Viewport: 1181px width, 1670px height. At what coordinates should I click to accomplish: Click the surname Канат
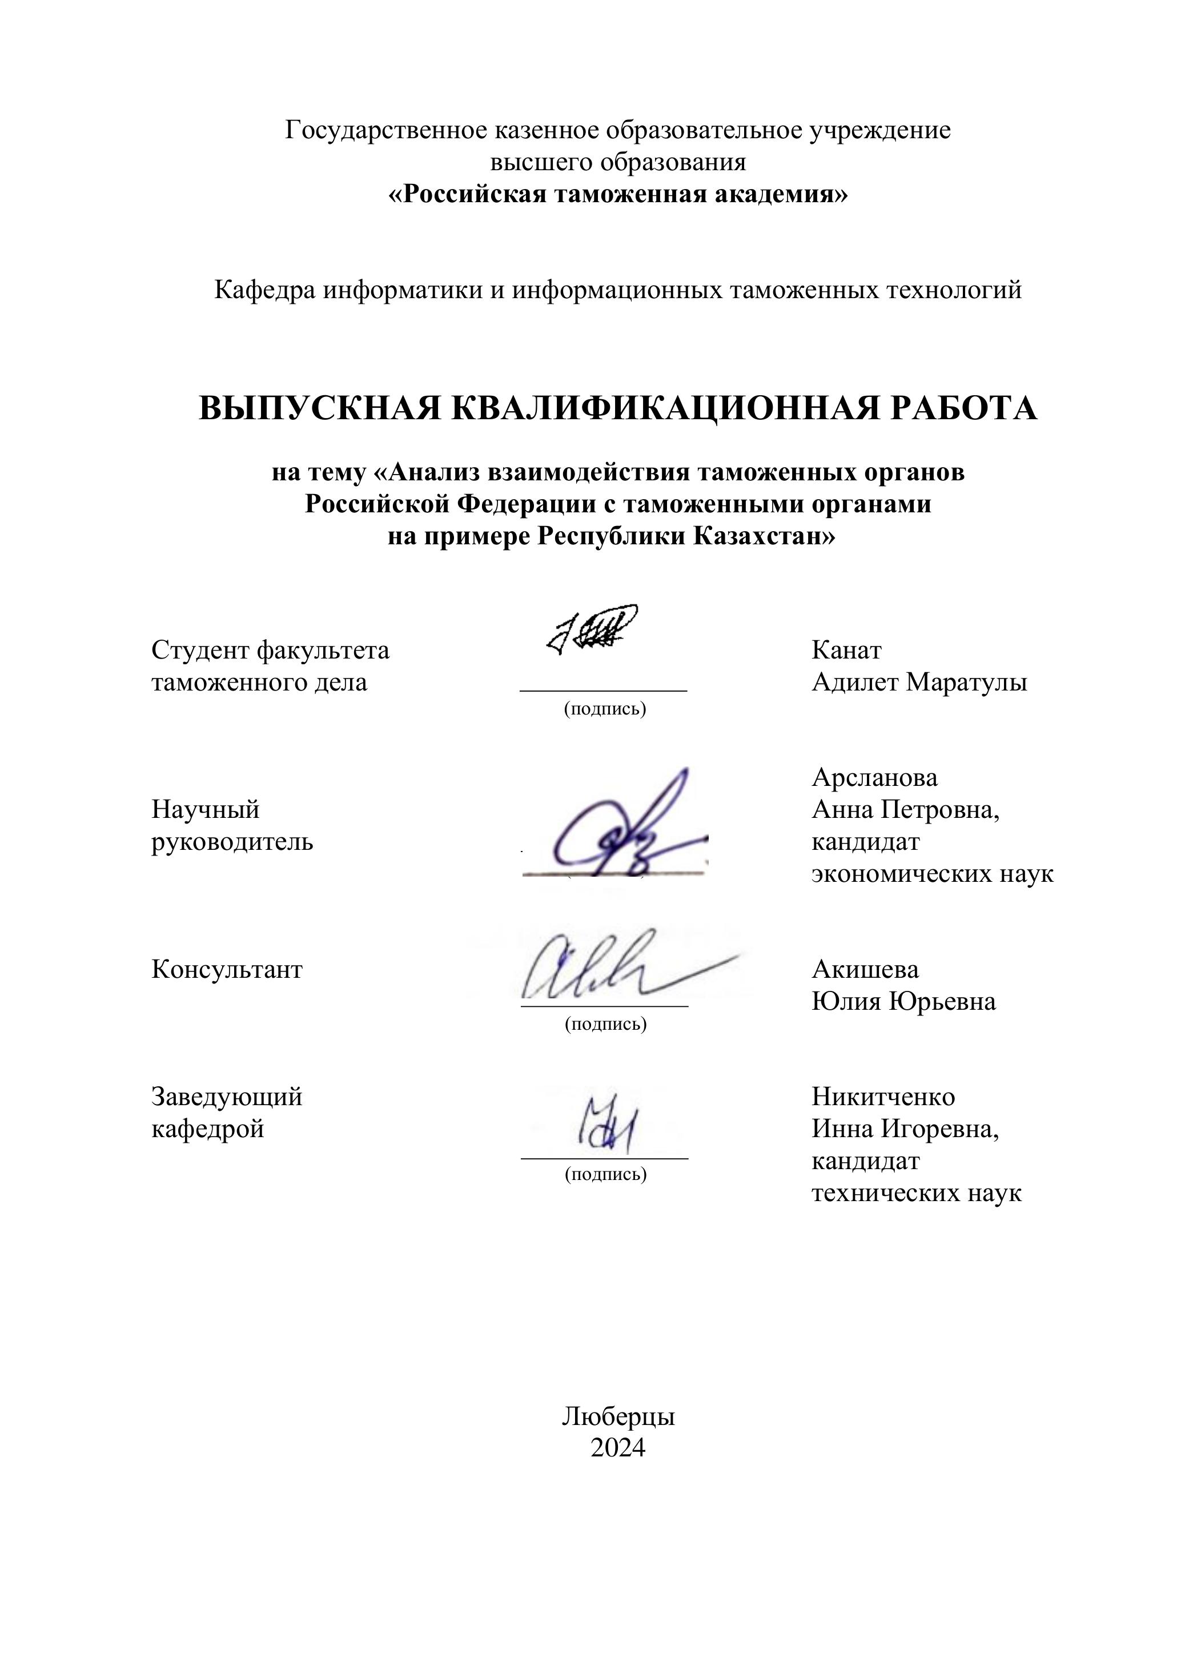[x=846, y=649]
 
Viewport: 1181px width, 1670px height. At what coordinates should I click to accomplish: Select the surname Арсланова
[x=874, y=777]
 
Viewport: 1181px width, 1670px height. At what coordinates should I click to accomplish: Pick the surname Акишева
[x=865, y=969]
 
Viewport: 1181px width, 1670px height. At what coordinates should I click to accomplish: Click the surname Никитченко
[x=883, y=1096]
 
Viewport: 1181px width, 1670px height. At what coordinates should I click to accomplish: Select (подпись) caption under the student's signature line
[x=605, y=708]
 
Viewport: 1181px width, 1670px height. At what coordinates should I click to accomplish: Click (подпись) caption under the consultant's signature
[x=605, y=1024]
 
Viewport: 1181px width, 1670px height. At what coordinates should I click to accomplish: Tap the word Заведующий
[x=227, y=1096]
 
